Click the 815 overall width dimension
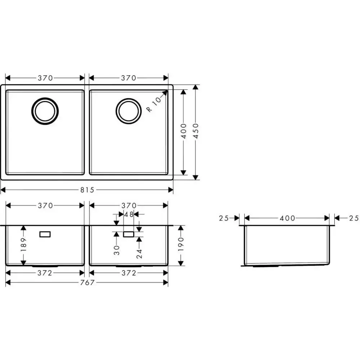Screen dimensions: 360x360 (87, 190)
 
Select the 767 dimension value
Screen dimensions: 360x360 (87, 282)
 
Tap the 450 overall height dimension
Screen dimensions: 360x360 (195, 131)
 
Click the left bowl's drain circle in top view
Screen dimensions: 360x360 (45, 111)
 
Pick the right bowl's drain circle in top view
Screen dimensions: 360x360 (129, 111)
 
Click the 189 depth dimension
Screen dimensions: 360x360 (23, 244)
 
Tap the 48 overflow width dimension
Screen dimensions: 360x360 (129, 215)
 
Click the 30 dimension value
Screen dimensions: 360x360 (117, 250)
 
